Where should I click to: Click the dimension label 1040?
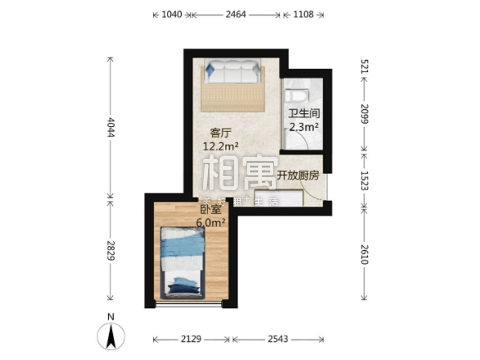(x=172, y=14)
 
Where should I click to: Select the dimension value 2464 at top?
(x=236, y=14)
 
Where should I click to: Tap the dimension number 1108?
(x=304, y=14)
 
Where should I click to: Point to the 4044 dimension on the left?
(x=110, y=127)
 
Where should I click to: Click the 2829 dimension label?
(x=110, y=251)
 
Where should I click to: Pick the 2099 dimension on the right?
(x=364, y=114)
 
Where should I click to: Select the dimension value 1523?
(x=364, y=181)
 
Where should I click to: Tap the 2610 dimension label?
(x=364, y=254)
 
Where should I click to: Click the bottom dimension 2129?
(x=191, y=339)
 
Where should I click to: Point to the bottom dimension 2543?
(x=278, y=339)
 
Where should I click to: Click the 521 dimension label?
(x=364, y=67)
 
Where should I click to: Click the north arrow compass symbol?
(x=111, y=335)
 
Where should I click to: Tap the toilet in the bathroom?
(x=297, y=95)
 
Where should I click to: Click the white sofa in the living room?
(x=233, y=71)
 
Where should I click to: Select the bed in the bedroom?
(x=183, y=263)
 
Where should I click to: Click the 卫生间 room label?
(x=304, y=113)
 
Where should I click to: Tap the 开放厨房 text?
(x=298, y=175)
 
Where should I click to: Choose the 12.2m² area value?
(x=221, y=146)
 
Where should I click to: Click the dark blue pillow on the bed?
(x=183, y=289)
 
